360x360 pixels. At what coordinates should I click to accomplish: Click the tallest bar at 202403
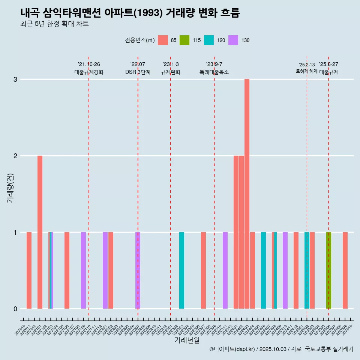pos(247,193)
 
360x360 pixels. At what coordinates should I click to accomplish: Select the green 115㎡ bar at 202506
pos(328,270)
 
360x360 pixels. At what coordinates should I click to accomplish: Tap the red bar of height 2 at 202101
pos(40,232)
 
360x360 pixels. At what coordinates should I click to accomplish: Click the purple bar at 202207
pos(138,270)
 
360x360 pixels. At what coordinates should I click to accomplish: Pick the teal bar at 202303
pos(181,270)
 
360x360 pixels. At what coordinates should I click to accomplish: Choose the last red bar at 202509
pos(345,270)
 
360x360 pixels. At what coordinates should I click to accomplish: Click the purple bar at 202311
pos(225,270)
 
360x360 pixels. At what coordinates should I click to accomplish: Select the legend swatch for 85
pos(163,40)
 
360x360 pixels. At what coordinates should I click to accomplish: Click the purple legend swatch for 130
pos(233,40)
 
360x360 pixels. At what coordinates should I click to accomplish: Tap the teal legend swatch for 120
pos(209,40)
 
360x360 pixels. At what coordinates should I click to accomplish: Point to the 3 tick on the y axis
pos(15,79)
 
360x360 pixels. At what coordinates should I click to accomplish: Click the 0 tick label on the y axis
pos(15,309)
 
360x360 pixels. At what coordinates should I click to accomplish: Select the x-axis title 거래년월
pos(187,340)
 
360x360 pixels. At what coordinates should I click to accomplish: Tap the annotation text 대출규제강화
pos(89,72)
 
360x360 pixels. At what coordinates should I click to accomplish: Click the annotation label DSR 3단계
pos(138,72)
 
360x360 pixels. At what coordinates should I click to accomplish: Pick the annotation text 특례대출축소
pos(214,72)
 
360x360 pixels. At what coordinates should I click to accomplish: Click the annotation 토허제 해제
pos(306,71)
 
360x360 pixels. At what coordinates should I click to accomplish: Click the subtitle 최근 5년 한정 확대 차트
pos(54,24)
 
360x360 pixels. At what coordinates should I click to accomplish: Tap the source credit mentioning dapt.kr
pos(281,349)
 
